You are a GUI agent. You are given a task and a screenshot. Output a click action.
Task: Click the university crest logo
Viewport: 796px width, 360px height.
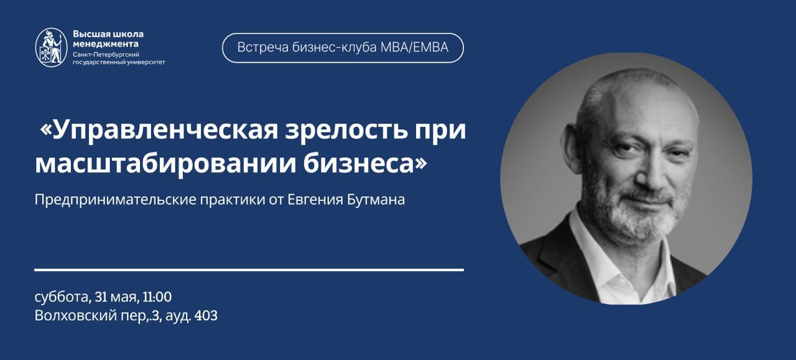tap(52, 48)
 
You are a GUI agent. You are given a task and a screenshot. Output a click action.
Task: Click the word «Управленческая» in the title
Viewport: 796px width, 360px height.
tap(159, 131)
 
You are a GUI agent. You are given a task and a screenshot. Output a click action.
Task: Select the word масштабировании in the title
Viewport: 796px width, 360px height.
tap(165, 164)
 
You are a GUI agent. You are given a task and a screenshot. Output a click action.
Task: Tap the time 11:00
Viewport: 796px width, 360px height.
tap(157, 297)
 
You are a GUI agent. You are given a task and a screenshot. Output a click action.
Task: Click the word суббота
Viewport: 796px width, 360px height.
tap(63, 297)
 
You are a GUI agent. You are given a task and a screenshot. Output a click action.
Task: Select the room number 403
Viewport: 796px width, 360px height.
tap(206, 316)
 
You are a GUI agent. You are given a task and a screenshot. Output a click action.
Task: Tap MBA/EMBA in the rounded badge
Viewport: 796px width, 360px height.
tap(414, 48)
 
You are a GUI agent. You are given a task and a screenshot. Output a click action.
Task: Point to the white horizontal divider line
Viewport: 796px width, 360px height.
tap(249, 270)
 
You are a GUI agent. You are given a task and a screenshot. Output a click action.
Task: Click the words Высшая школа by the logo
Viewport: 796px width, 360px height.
tap(108, 34)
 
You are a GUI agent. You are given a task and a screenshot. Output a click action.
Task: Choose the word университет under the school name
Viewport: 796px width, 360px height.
tap(146, 62)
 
